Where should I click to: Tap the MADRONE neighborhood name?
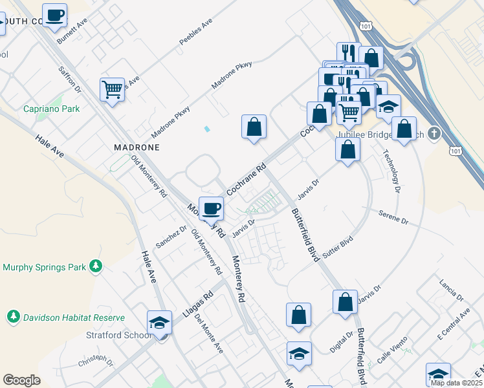pyautogui.click(x=137, y=147)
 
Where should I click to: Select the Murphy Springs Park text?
pyautogui.click(x=45, y=266)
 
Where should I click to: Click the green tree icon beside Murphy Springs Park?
pyautogui.click(x=96, y=266)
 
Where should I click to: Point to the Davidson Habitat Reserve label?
pyautogui.click(x=74, y=318)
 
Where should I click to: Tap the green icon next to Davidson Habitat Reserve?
pyautogui.click(x=13, y=317)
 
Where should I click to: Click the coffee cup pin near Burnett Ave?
pyautogui.click(x=55, y=16)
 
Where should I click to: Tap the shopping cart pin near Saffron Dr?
pyautogui.click(x=113, y=89)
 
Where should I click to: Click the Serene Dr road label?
pyautogui.click(x=393, y=217)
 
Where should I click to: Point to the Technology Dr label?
pyautogui.click(x=392, y=171)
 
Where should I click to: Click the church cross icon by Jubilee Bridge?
pyautogui.click(x=434, y=135)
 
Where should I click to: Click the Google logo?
pyautogui.click(x=22, y=380)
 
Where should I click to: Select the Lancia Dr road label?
pyautogui.click(x=451, y=290)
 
